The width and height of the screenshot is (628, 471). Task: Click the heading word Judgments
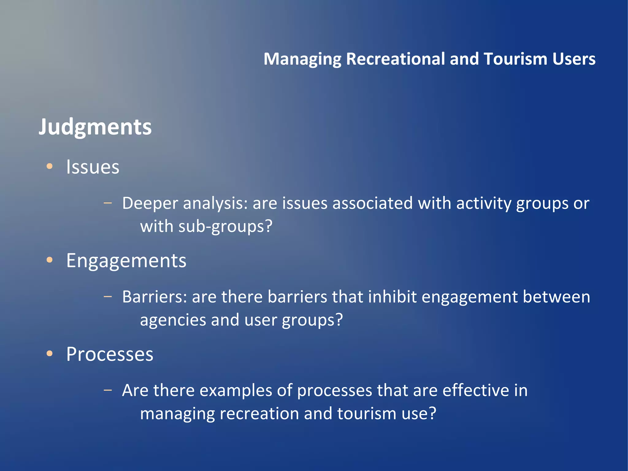click(x=95, y=127)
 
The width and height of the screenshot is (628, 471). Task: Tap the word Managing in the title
click(x=302, y=59)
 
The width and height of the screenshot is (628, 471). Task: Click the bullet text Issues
click(x=93, y=167)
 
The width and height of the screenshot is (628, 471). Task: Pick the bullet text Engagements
click(x=126, y=261)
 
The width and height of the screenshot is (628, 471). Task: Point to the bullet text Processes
click(x=109, y=354)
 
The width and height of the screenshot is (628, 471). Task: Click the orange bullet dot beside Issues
click(x=49, y=166)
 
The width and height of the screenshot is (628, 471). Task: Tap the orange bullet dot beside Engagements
click(x=49, y=260)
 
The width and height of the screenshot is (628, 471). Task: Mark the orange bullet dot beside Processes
click(x=49, y=354)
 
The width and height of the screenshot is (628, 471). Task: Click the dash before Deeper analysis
click(x=108, y=203)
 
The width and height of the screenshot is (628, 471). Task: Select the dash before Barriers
click(x=108, y=296)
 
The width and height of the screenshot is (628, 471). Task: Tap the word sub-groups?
click(x=225, y=226)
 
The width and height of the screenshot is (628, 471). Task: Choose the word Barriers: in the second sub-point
click(x=155, y=297)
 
